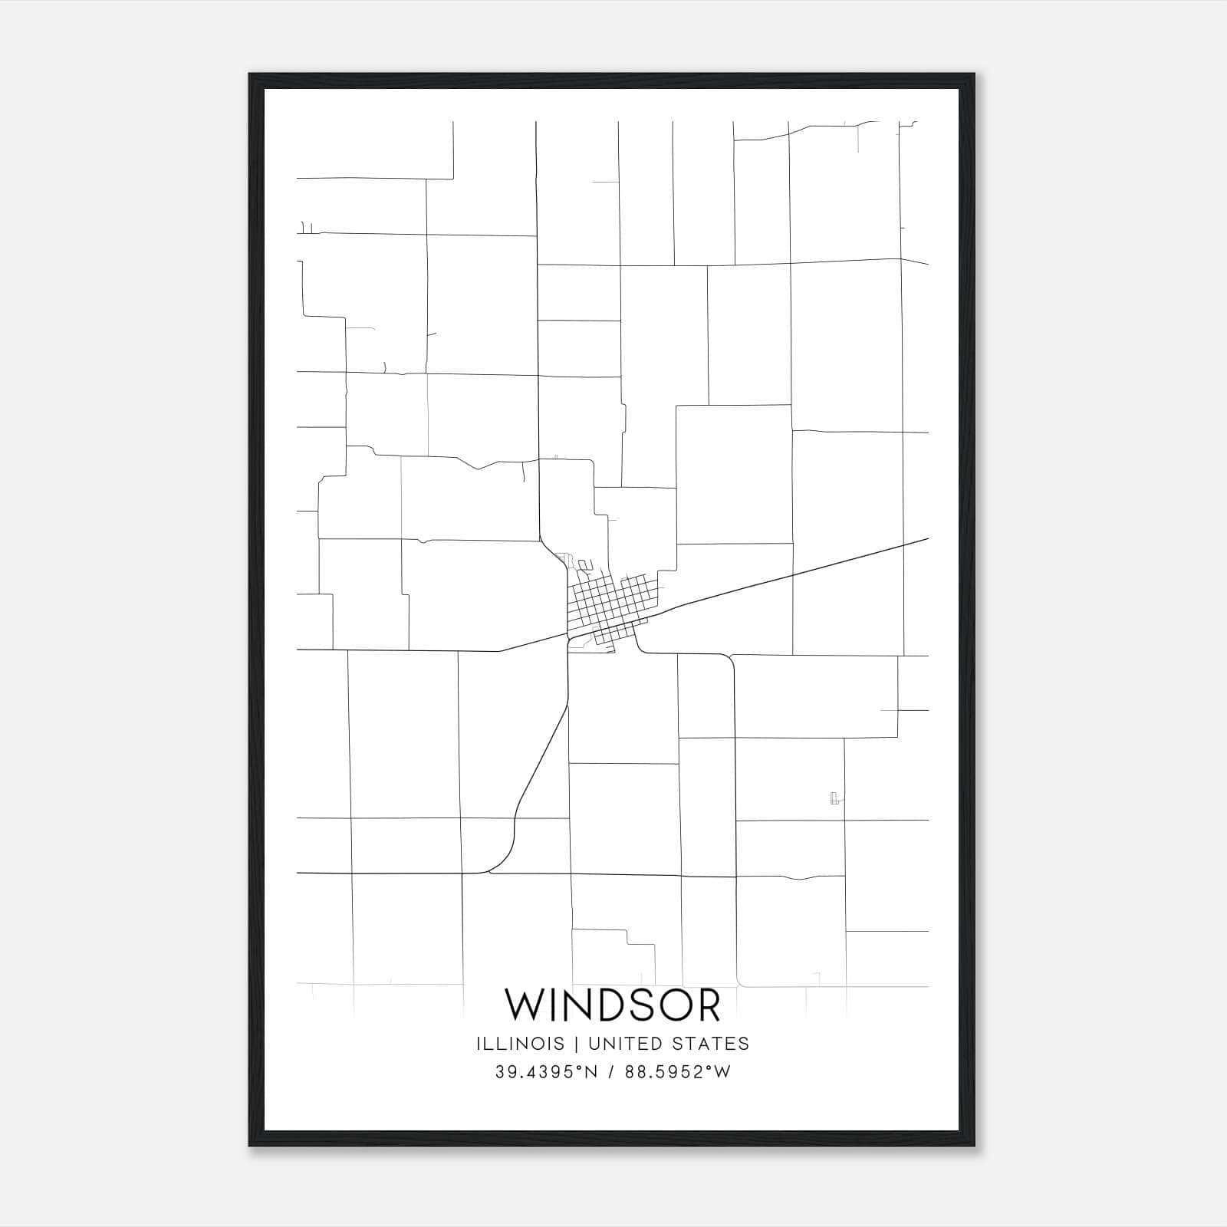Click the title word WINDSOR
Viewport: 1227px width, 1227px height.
[613, 1005]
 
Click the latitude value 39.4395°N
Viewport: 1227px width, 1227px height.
[546, 1072]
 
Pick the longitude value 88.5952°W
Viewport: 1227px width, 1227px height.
[678, 1072]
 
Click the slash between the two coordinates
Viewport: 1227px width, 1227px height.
[611, 1072]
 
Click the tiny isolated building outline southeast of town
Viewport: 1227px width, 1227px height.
[834, 798]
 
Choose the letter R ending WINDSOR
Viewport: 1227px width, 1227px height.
[709, 1005]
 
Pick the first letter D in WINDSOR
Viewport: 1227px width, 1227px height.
[613, 1005]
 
